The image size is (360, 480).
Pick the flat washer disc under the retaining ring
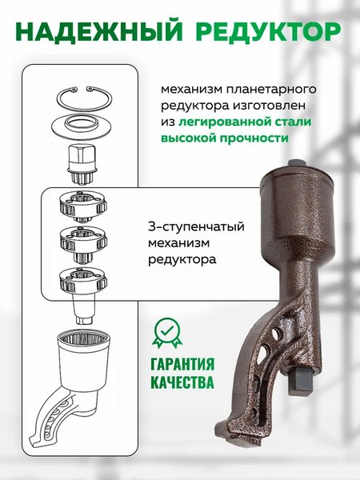tap(86, 125)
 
